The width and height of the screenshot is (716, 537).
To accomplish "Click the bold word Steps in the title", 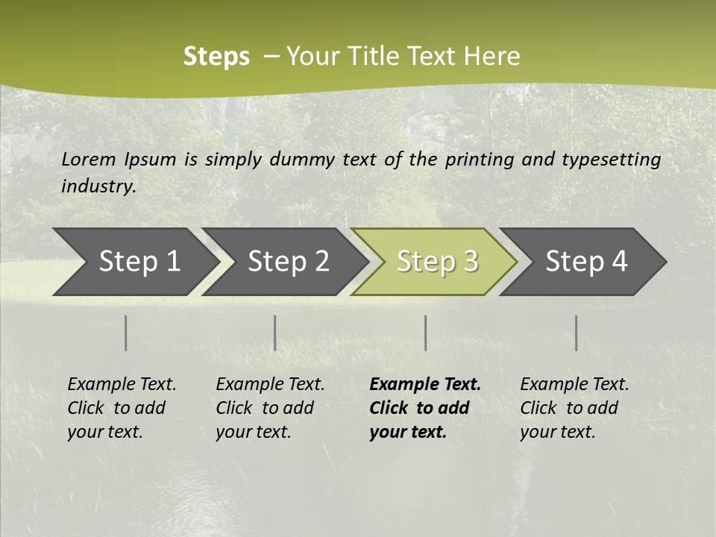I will (216, 57).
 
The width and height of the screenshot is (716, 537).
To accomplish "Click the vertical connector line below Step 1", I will (126, 333).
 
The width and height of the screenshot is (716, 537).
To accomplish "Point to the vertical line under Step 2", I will (275, 333).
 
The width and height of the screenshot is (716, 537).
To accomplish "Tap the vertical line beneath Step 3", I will (426, 333).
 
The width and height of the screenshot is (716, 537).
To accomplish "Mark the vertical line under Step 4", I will (577, 333).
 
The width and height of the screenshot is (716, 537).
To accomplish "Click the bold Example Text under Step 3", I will (425, 408).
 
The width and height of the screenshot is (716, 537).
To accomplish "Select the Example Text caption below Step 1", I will (122, 408).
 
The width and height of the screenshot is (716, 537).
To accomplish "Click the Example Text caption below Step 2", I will (270, 408).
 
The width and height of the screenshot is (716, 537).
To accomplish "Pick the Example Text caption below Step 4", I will (574, 408).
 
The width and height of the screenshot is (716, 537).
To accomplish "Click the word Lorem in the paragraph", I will (89, 159).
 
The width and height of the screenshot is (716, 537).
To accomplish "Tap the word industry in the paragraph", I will (98, 186).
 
